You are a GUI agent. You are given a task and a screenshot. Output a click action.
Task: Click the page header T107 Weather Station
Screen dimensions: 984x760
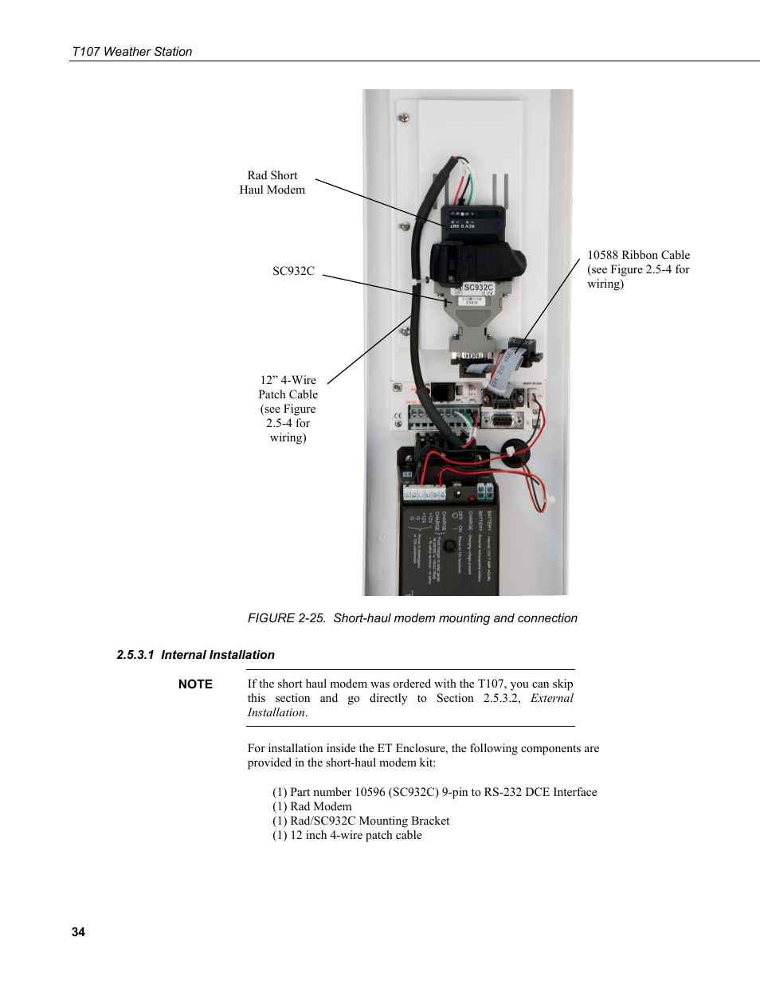tap(131, 52)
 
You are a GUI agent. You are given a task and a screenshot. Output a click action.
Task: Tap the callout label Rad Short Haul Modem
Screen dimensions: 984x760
tap(272, 182)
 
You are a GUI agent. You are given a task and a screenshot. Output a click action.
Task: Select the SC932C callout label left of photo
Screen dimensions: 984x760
tap(293, 271)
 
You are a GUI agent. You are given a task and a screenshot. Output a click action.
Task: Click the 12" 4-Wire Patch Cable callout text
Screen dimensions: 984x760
tap(288, 408)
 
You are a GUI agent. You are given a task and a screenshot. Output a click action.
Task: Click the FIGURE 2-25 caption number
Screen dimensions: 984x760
tap(286, 618)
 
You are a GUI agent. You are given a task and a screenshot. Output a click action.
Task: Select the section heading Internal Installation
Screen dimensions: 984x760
tap(217, 655)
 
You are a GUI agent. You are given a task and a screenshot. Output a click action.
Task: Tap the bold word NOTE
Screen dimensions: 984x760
tap(195, 684)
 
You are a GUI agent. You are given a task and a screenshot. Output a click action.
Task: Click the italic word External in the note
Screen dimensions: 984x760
tap(551, 698)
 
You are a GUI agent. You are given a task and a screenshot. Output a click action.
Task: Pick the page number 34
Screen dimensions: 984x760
tap(78, 932)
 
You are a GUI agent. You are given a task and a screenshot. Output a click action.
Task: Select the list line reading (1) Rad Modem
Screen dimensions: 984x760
tap(311, 806)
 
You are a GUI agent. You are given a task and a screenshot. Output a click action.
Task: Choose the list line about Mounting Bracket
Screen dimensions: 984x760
tap(361, 821)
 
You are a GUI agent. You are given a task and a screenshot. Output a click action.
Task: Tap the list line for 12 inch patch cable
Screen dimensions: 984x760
tap(347, 835)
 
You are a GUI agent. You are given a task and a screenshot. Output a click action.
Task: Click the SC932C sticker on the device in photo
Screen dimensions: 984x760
tap(478, 288)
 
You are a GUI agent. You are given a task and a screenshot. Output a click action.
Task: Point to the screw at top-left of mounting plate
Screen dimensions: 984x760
tap(404, 118)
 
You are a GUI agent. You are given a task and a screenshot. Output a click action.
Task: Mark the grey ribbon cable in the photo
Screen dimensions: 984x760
tap(501, 367)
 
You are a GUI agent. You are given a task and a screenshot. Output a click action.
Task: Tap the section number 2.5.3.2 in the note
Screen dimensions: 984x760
tap(501, 698)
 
